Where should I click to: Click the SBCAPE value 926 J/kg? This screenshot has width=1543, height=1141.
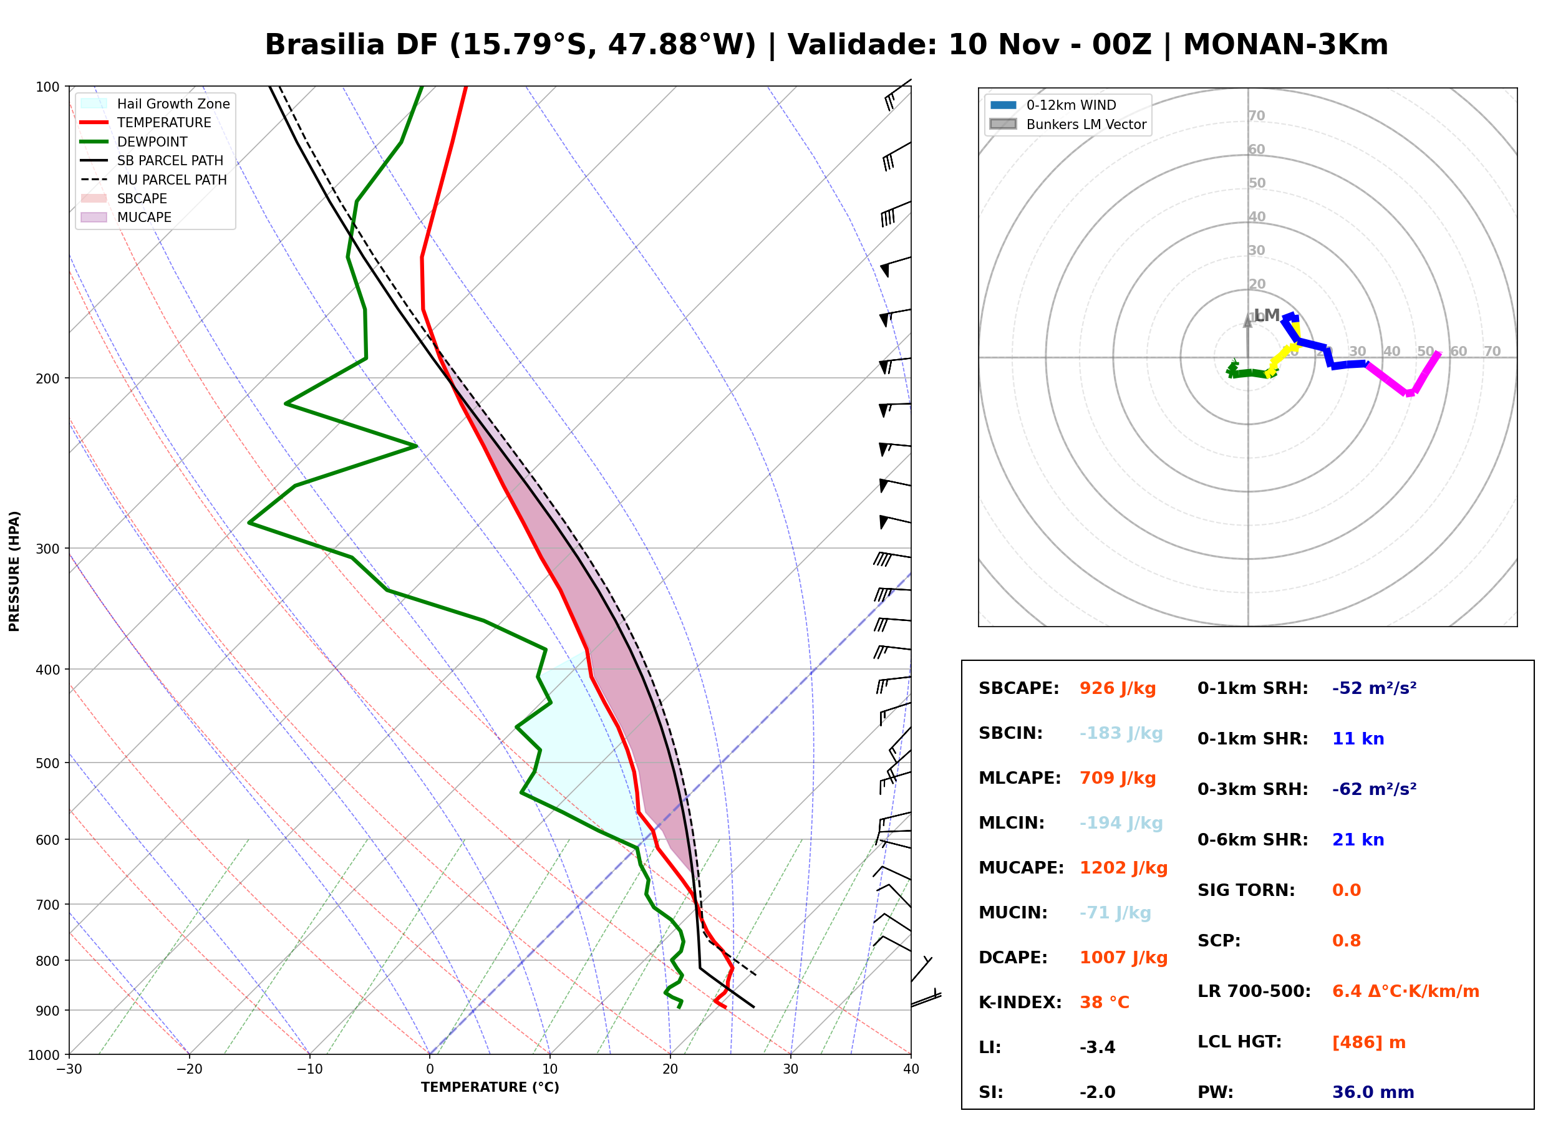point(1117,688)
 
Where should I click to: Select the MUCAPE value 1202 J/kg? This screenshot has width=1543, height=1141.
point(1123,868)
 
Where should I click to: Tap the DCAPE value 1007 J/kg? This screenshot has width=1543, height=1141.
point(1123,958)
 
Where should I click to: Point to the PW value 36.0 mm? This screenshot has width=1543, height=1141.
point(1372,1092)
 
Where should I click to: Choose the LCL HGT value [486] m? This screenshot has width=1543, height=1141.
point(1368,1042)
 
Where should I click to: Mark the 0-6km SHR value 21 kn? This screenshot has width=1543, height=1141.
point(1358,840)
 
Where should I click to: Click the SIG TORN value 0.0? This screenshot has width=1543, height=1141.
point(1346,890)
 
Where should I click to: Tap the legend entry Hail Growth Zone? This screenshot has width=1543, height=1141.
point(155,104)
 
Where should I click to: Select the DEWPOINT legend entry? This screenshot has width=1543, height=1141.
point(134,142)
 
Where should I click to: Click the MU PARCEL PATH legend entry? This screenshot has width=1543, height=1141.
point(153,180)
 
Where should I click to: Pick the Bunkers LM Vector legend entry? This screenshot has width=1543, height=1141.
point(1068,124)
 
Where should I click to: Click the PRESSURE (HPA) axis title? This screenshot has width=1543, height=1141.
point(14,571)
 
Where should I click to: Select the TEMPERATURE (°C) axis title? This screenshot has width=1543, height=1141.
point(490,1087)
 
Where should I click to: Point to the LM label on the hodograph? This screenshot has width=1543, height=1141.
point(1267,315)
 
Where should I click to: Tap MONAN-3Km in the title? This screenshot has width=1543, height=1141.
point(1285,45)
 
